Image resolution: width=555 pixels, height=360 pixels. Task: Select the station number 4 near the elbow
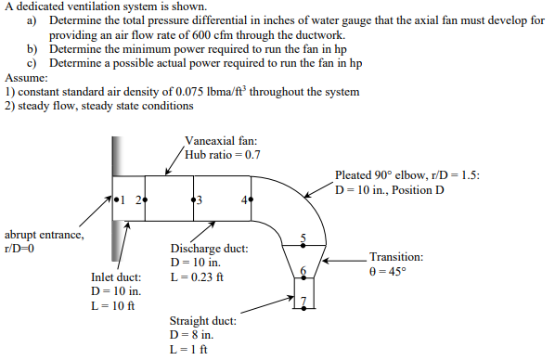(242, 199)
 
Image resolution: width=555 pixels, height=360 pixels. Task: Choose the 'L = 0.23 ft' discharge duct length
(200, 277)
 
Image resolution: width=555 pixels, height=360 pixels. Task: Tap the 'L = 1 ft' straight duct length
(188, 349)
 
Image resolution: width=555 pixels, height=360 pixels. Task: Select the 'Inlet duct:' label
(117, 276)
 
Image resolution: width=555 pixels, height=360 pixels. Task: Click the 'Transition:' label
(396, 257)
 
